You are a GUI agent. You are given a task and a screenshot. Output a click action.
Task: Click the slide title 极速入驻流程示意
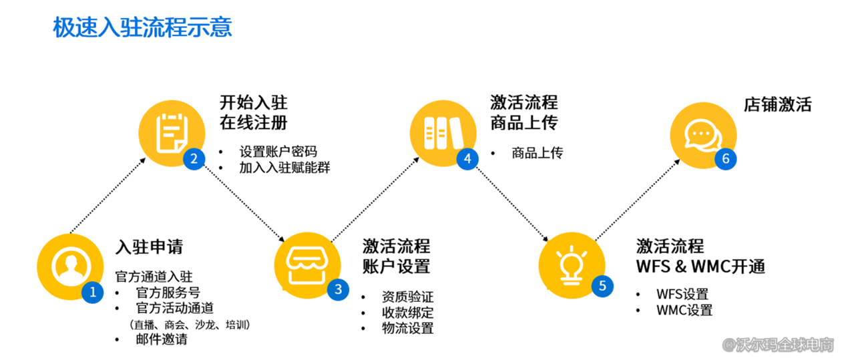point(142,27)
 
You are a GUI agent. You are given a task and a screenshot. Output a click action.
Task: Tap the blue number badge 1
point(93,292)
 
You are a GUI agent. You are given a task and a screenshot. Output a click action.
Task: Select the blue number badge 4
point(467,158)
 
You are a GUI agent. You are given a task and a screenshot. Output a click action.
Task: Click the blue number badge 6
point(725,158)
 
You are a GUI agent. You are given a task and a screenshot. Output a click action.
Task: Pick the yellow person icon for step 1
point(67,265)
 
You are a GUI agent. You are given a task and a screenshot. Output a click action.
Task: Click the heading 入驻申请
point(149,246)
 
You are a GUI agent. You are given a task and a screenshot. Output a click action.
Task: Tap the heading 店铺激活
point(777,105)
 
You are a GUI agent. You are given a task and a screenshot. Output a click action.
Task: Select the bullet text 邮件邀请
point(162,339)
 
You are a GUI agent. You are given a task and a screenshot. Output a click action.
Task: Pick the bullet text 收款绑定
point(407,313)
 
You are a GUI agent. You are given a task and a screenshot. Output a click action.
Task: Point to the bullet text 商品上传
point(537,152)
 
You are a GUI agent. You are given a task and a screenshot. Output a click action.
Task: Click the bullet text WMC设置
point(684,311)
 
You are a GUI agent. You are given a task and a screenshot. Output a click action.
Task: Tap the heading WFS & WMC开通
point(700,266)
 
